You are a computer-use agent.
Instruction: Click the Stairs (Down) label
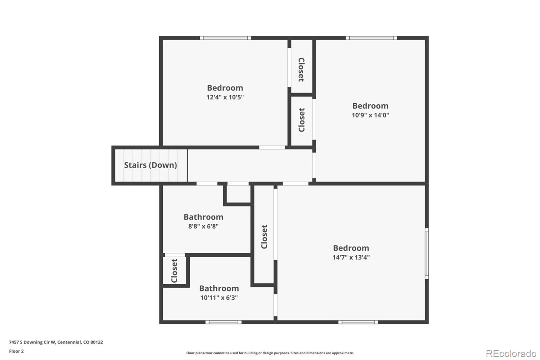[x=150, y=165]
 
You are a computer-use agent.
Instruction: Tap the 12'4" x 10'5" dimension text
[x=225, y=97]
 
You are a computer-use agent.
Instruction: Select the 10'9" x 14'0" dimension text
[x=370, y=115]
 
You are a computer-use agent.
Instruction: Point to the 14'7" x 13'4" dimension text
[x=351, y=257]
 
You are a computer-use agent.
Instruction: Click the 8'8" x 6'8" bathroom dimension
[x=203, y=226]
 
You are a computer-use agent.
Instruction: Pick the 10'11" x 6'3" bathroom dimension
[x=219, y=298]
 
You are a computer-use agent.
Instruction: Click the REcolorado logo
[x=511, y=353]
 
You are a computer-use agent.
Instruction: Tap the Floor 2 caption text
[x=16, y=351]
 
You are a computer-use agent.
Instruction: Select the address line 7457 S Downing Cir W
[x=56, y=342]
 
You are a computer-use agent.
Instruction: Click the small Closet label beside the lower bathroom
[x=174, y=271]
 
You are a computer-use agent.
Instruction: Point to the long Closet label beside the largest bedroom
[x=264, y=236]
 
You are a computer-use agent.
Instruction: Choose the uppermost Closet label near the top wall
[x=301, y=70]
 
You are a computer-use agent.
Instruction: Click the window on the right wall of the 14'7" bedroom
[x=427, y=253]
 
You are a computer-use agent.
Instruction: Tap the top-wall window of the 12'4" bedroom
[x=225, y=38]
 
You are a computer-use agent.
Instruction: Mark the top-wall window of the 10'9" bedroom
[x=371, y=38]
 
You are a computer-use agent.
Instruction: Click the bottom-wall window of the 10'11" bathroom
[x=223, y=322]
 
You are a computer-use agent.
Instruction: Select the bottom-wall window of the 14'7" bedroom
[x=358, y=322]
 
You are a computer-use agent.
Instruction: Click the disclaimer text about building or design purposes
[x=270, y=353]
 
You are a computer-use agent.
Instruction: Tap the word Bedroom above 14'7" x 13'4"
[x=351, y=248]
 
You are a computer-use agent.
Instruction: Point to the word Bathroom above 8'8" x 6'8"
[x=203, y=217]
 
